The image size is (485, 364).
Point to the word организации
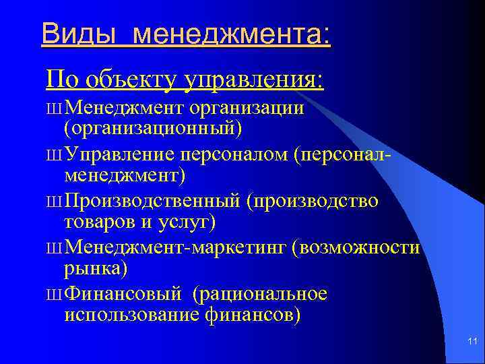pyautogui.click(x=247, y=108)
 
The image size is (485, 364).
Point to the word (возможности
pyautogui.click(x=357, y=248)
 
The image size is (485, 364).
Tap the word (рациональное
pyautogui.click(x=260, y=295)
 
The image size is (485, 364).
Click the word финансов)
pyautogui.click(x=250, y=314)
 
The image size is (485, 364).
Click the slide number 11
pyautogui.click(x=472, y=344)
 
